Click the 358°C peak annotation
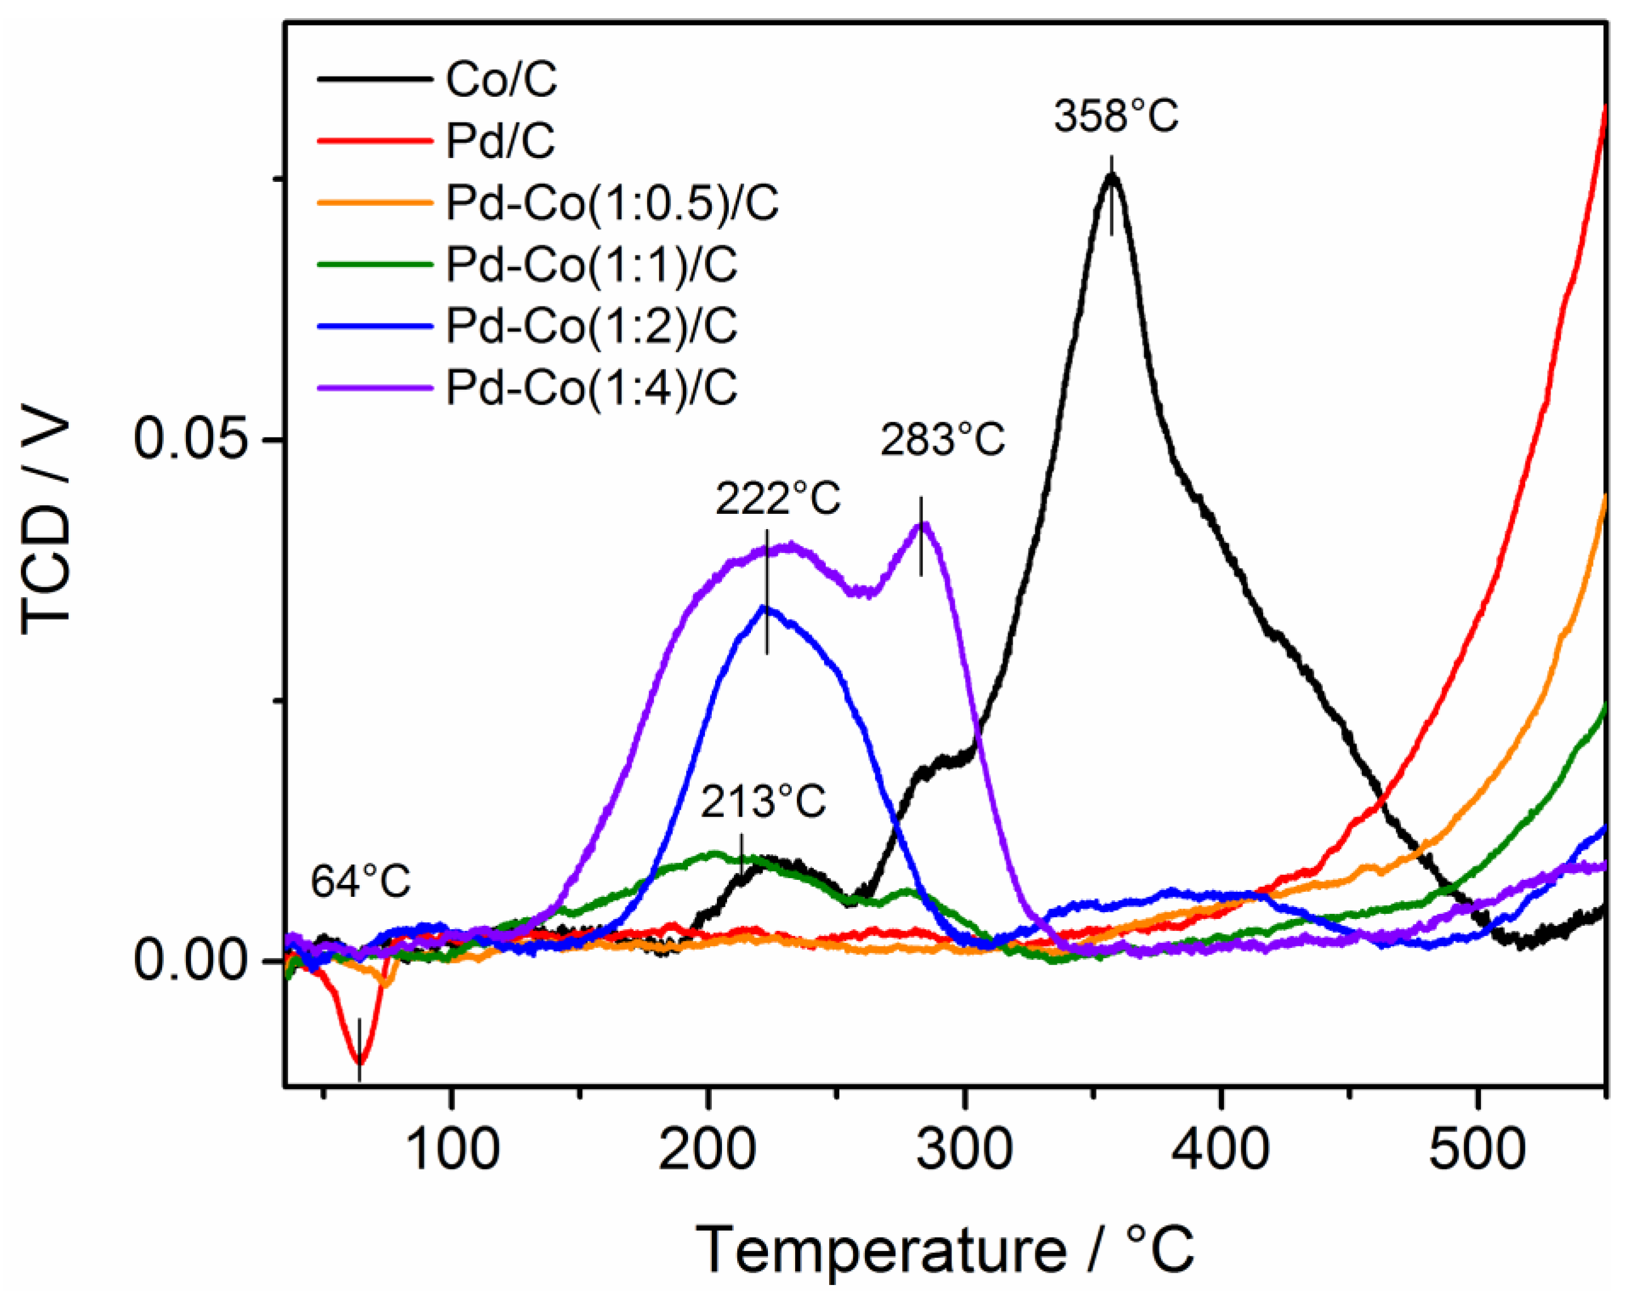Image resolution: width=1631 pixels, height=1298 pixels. point(1116,117)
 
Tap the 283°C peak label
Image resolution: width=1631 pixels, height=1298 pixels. point(942,440)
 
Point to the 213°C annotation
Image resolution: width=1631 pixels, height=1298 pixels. point(763,802)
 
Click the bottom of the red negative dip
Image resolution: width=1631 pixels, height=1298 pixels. point(359,1062)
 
